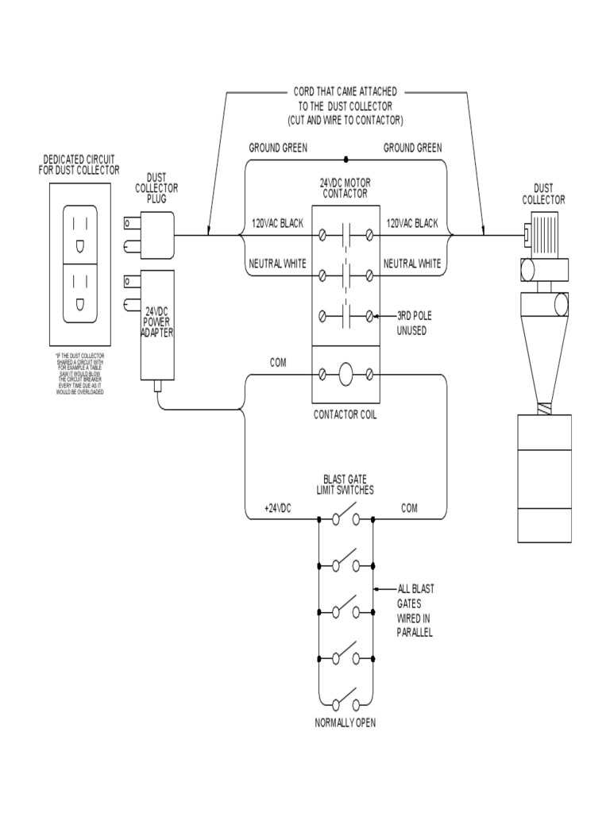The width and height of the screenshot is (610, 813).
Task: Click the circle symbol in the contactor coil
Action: pyautogui.click(x=346, y=374)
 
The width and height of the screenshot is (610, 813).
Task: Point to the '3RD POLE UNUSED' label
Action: pyautogui.click(x=412, y=322)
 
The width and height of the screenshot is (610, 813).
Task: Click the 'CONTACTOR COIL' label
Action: pyautogui.click(x=346, y=414)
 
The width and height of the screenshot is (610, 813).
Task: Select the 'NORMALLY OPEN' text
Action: pyautogui.click(x=346, y=722)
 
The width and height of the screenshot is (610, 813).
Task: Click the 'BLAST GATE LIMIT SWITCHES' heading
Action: pyautogui.click(x=346, y=484)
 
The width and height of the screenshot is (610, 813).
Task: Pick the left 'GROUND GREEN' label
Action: pyautogui.click(x=278, y=148)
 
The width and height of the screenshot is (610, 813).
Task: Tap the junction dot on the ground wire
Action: pyautogui.click(x=346, y=160)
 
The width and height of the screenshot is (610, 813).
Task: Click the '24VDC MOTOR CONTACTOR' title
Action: pyautogui.click(x=346, y=187)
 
